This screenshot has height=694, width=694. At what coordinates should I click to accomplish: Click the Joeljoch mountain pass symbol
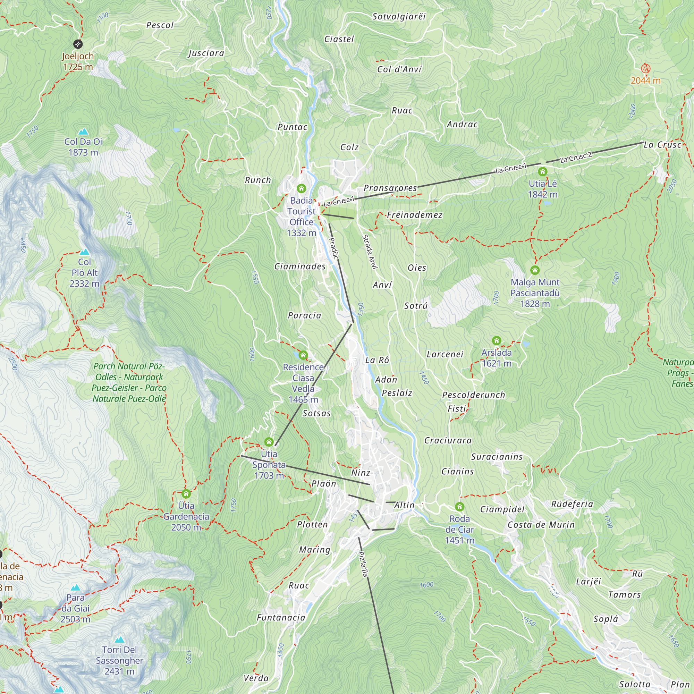click(78, 44)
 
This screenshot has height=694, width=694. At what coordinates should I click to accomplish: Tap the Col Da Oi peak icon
click(83, 132)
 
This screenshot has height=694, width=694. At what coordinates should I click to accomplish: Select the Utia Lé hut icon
click(542, 172)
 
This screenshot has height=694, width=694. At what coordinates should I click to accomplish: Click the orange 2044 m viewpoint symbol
click(645, 68)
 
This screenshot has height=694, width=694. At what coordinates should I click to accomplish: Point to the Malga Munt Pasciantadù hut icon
click(535, 270)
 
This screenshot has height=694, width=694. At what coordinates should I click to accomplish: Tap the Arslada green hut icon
click(497, 340)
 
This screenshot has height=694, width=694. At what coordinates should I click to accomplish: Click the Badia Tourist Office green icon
click(302, 188)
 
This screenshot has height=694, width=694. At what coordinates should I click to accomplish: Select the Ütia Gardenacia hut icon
click(186, 493)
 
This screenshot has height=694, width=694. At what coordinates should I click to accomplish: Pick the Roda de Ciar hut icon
click(459, 507)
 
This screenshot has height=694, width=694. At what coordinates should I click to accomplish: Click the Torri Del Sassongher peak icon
click(119, 640)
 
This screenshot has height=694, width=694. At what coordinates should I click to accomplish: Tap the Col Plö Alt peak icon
click(84, 252)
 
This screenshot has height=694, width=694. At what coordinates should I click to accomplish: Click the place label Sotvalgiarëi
click(399, 17)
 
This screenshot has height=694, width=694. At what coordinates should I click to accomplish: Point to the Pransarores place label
click(390, 188)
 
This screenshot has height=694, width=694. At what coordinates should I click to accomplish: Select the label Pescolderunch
click(473, 395)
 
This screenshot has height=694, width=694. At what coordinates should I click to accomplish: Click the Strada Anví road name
click(370, 252)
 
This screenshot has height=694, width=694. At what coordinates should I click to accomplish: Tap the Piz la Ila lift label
click(364, 564)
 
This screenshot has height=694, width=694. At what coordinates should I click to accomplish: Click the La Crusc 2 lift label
click(575, 157)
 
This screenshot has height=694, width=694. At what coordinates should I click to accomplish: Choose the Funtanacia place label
click(281, 618)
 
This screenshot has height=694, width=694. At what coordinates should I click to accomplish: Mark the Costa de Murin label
click(541, 525)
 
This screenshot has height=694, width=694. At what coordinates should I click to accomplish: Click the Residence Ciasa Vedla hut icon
click(303, 355)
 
